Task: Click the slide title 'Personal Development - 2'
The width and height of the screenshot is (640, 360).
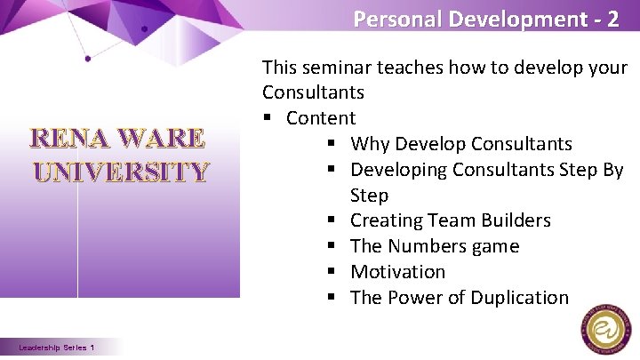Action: tap(485, 19)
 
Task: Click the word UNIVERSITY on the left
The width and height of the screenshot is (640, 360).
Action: tap(121, 171)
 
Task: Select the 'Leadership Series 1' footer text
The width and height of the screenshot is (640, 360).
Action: tap(60, 347)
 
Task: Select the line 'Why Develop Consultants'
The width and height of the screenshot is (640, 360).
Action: tap(460, 144)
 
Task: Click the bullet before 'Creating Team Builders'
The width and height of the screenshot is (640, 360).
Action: tap(331, 220)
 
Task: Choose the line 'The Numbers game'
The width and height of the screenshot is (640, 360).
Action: tap(434, 246)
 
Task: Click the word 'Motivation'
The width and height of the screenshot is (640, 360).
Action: tap(397, 272)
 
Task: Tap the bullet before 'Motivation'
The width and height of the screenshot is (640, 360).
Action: tap(331, 272)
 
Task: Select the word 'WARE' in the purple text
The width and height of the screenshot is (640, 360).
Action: tap(161, 140)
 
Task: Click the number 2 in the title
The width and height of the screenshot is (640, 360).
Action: tap(612, 19)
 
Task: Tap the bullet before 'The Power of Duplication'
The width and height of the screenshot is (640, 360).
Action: tap(331, 298)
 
